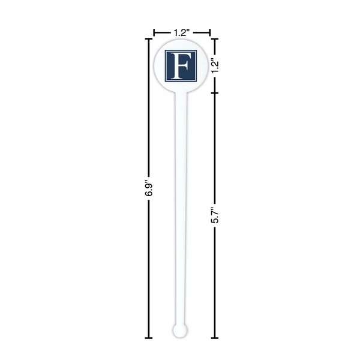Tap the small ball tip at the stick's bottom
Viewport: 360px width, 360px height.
[x=179, y=329]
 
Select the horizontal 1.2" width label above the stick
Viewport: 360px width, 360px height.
[x=182, y=32]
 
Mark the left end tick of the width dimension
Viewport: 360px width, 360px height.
[x=154, y=32]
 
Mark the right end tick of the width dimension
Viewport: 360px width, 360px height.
[x=209, y=32]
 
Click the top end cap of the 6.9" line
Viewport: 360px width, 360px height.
[x=149, y=38]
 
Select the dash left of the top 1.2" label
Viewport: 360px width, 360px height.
[x=162, y=32]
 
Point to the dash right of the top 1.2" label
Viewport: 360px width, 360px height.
[x=202, y=32]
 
